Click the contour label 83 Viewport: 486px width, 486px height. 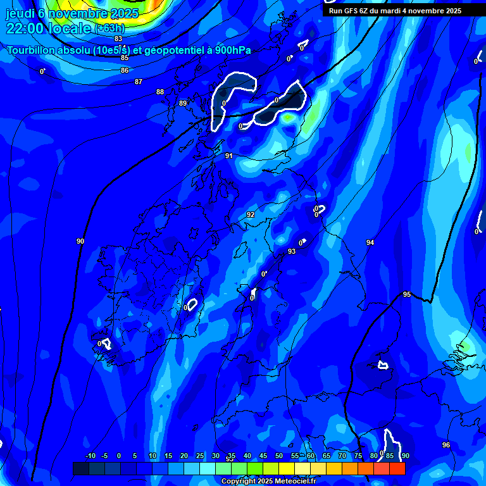(x=118, y=39)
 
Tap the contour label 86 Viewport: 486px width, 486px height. (x=125, y=70)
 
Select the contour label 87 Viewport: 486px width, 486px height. (x=139, y=82)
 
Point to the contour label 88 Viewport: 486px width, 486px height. (x=160, y=92)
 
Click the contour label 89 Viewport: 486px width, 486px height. (x=183, y=103)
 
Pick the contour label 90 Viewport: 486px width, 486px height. (x=80, y=241)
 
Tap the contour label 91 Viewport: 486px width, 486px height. (x=229, y=156)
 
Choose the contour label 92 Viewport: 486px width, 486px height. (x=251, y=215)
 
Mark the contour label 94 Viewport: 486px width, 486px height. (x=370, y=242)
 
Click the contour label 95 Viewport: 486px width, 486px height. (x=407, y=294)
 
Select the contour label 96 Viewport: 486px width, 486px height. (x=446, y=445)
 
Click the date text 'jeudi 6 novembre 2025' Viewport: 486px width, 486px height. (x=72, y=13)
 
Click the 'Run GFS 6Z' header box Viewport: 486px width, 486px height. (x=395, y=11)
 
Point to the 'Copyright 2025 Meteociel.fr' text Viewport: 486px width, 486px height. (x=268, y=482)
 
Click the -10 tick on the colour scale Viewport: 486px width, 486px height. (x=90, y=456)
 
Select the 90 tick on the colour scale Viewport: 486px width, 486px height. (x=405, y=456)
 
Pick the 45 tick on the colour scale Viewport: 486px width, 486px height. (x=263, y=456)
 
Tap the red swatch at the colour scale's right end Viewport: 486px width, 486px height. (x=397, y=468)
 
